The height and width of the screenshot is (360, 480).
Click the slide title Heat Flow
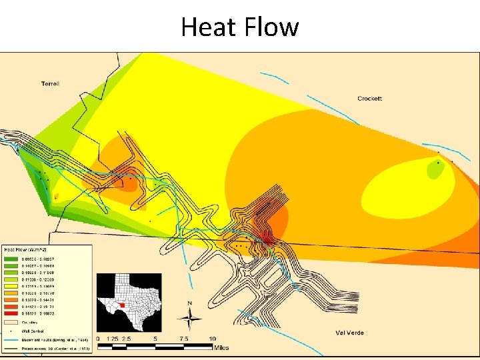click(x=240, y=27)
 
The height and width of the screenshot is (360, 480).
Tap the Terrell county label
click(x=50, y=84)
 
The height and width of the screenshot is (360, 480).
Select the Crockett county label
click(x=369, y=99)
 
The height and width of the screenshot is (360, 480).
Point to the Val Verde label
click(x=349, y=333)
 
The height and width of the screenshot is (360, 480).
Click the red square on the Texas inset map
click(x=122, y=305)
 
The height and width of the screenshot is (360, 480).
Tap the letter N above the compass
click(x=189, y=304)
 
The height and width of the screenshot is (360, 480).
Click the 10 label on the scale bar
click(x=212, y=339)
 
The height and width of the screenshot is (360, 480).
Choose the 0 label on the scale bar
click(x=98, y=339)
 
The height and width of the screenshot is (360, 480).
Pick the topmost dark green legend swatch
click(x=11, y=257)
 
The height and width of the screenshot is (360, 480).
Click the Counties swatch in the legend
click(x=11, y=321)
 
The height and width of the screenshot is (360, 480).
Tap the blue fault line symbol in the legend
click(x=11, y=339)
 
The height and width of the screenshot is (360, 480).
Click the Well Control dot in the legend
click(x=11, y=330)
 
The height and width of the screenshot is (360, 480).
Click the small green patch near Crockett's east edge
click(x=435, y=171)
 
